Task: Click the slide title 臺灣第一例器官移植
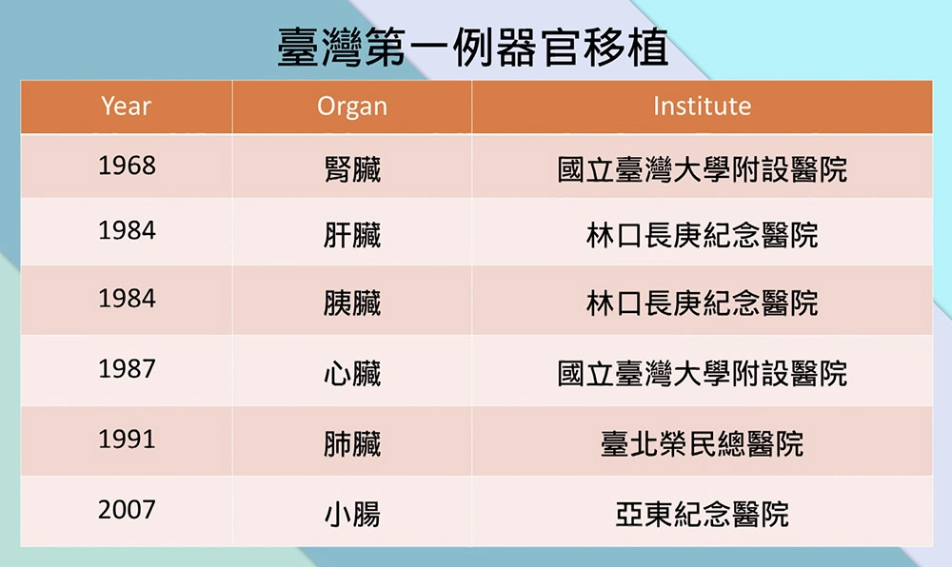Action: (x=473, y=48)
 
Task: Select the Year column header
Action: (x=126, y=107)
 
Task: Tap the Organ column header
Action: (x=352, y=107)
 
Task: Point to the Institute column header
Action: (x=702, y=107)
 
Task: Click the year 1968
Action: (x=127, y=166)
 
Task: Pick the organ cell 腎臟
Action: (x=352, y=169)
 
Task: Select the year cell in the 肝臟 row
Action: (x=127, y=230)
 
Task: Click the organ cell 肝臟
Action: (x=352, y=235)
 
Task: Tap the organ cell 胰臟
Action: (x=352, y=303)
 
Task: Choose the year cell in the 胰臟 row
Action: (x=127, y=299)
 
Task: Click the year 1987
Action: (x=127, y=369)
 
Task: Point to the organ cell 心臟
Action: (x=352, y=373)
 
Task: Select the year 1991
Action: (x=127, y=440)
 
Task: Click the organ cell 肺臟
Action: (x=352, y=443)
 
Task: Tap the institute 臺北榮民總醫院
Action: (x=702, y=443)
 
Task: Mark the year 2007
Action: (x=127, y=509)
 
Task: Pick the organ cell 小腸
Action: (x=352, y=515)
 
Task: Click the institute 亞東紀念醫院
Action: (x=702, y=515)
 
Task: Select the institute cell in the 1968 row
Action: (x=702, y=169)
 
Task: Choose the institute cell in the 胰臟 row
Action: (x=702, y=303)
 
